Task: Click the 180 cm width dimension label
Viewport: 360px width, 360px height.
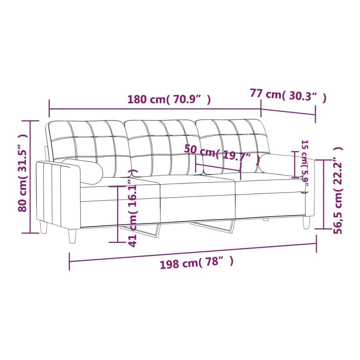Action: (169, 99)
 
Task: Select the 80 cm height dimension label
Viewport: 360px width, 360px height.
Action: (23, 173)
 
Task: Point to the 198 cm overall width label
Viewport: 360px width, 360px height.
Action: (197, 262)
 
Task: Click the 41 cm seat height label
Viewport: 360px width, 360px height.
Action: (133, 208)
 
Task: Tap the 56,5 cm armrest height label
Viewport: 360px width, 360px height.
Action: (338, 190)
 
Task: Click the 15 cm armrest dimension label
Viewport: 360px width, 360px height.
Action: (304, 167)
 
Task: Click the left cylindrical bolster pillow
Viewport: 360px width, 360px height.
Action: (82, 171)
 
